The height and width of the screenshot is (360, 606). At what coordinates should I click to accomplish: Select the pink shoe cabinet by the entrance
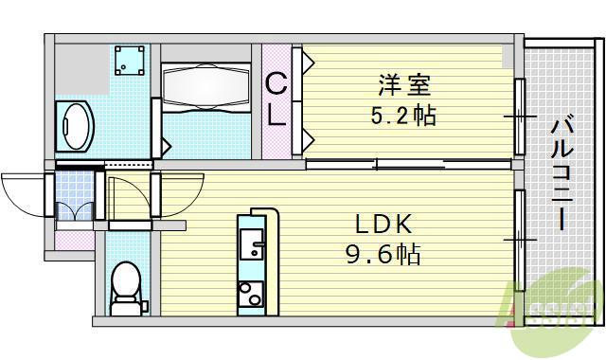pos(72,240)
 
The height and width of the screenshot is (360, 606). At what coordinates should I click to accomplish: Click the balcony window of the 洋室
pos(519,116)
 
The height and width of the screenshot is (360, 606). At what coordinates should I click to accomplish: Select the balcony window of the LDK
pos(519,240)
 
